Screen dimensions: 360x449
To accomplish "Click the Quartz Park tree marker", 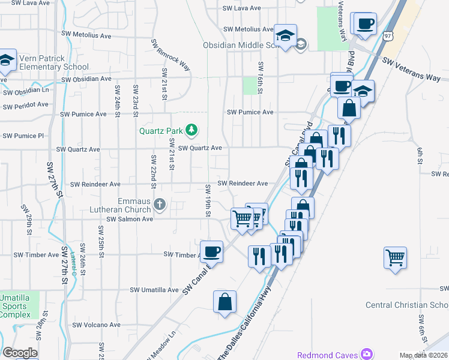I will (191, 130).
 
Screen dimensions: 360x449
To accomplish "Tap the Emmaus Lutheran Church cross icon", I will (160, 205).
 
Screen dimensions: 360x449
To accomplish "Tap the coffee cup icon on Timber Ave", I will (211, 251).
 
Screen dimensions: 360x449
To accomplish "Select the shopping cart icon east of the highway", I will (396, 258).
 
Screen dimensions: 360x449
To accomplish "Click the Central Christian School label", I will (407, 305).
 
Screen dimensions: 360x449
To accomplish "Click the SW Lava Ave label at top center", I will (242, 8).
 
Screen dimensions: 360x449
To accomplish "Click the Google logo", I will (20, 353).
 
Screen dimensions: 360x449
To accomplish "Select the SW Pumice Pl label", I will (23, 136).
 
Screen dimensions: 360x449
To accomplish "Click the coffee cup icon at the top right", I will (365, 24).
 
